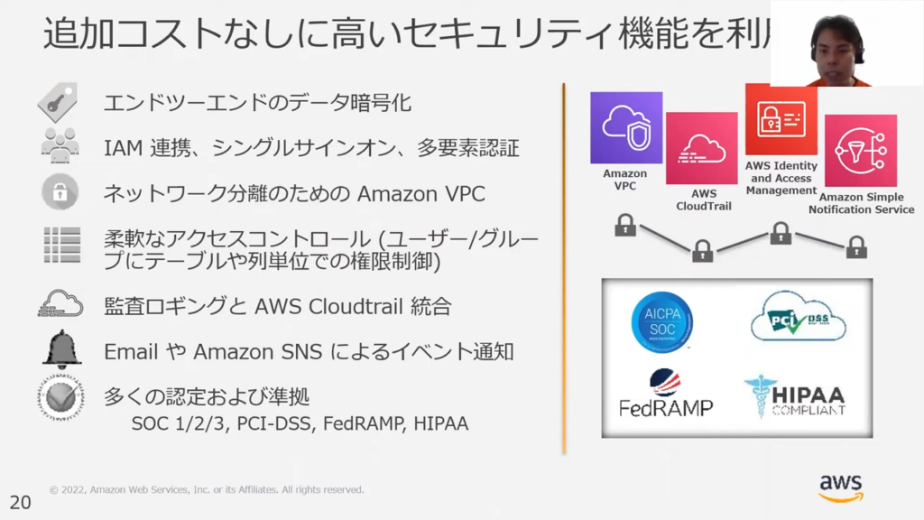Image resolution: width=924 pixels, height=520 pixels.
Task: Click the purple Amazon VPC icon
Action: [x=626, y=127]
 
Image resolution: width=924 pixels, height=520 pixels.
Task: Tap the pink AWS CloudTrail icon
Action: [x=702, y=148]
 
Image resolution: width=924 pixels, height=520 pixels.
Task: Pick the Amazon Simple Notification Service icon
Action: [x=860, y=151]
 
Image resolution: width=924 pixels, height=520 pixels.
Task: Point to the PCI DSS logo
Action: [x=798, y=317]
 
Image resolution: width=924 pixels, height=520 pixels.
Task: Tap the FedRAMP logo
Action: [x=666, y=394]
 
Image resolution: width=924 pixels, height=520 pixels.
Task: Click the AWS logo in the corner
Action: [x=841, y=487]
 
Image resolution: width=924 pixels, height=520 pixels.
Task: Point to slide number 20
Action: [x=20, y=503]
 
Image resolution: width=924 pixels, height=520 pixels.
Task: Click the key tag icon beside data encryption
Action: [x=58, y=102]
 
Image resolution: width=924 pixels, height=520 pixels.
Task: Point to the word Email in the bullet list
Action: [x=131, y=351]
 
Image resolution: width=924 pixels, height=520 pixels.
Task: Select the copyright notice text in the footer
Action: [x=207, y=490]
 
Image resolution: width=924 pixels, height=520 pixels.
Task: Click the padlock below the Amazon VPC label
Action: [x=624, y=226]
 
